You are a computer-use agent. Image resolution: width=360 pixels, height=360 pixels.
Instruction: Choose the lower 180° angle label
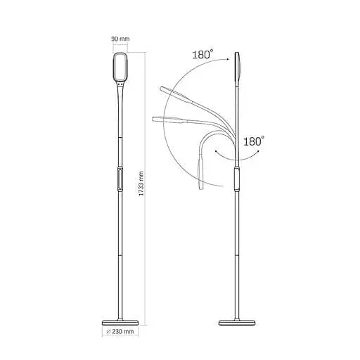pos(254,141)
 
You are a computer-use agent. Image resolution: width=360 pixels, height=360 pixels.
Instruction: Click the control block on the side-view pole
pos(237,179)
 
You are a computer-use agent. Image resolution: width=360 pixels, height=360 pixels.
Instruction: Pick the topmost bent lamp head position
pos(171,91)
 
